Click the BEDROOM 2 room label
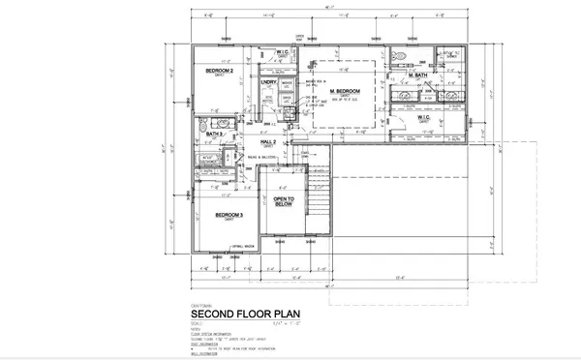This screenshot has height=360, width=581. tap(219, 72)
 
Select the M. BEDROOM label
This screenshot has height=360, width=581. tap(345, 91)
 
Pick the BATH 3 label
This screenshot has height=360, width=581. tap(214, 134)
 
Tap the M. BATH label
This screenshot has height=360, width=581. tap(419, 75)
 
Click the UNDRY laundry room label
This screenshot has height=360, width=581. tap(270, 83)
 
